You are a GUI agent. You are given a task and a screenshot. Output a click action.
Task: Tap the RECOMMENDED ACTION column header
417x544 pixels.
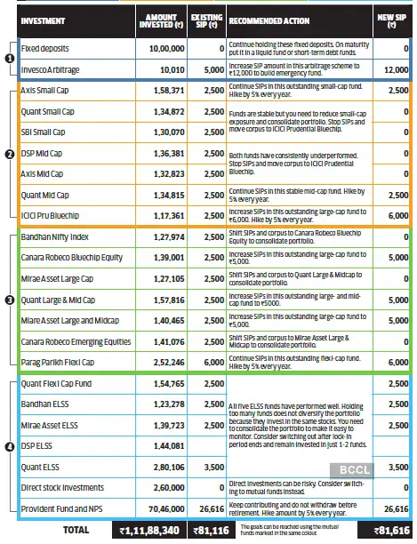[272, 19]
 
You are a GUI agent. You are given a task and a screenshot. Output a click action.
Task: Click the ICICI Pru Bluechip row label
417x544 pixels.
[53, 216]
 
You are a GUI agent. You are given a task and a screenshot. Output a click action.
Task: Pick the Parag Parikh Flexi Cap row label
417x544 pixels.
[57, 364]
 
